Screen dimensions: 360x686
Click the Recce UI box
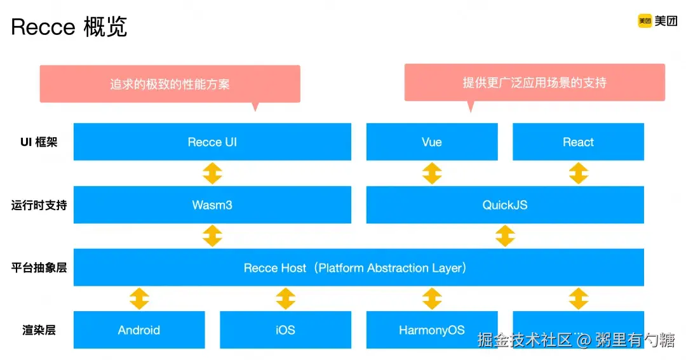coord(212,142)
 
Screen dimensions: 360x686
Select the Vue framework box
coord(432,142)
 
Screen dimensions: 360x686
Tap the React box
coord(578,142)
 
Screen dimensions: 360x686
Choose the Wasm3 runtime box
coord(212,204)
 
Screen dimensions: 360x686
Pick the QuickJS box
coord(505,204)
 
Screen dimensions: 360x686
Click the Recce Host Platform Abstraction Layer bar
coord(358,267)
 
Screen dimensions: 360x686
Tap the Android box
coord(139,330)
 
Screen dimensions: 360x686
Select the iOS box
coord(285,330)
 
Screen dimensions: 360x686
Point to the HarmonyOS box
coord(432,330)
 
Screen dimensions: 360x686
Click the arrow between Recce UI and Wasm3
coord(212,173)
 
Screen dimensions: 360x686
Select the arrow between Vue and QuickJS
coord(432,173)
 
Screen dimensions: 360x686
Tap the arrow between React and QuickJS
coord(578,173)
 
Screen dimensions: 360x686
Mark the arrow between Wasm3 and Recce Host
coord(212,236)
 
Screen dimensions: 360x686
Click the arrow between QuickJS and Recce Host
coord(505,236)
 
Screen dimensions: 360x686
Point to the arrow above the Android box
coord(139,298)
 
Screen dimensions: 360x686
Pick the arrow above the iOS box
coord(285,298)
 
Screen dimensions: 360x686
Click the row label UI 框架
coord(39,142)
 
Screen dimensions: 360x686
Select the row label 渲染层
coord(39,330)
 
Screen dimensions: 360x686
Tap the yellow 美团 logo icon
coord(645,21)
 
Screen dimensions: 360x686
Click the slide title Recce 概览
coord(69,27)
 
